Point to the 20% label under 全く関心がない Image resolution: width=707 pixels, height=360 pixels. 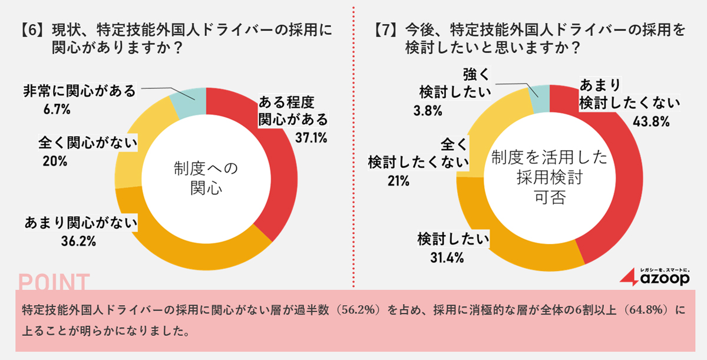point(55,160)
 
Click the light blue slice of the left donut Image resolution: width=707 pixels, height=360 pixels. point(189,100)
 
